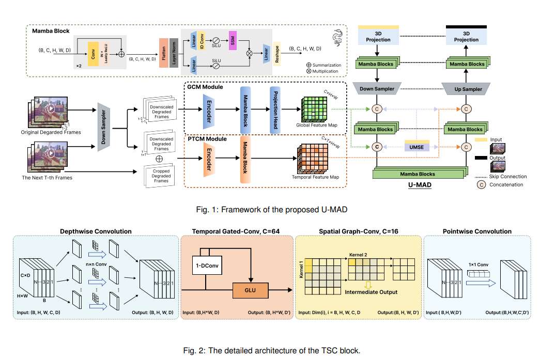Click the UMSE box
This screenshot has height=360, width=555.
(x=417, y=147)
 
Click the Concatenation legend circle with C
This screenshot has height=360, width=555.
(x=480, y=184)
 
